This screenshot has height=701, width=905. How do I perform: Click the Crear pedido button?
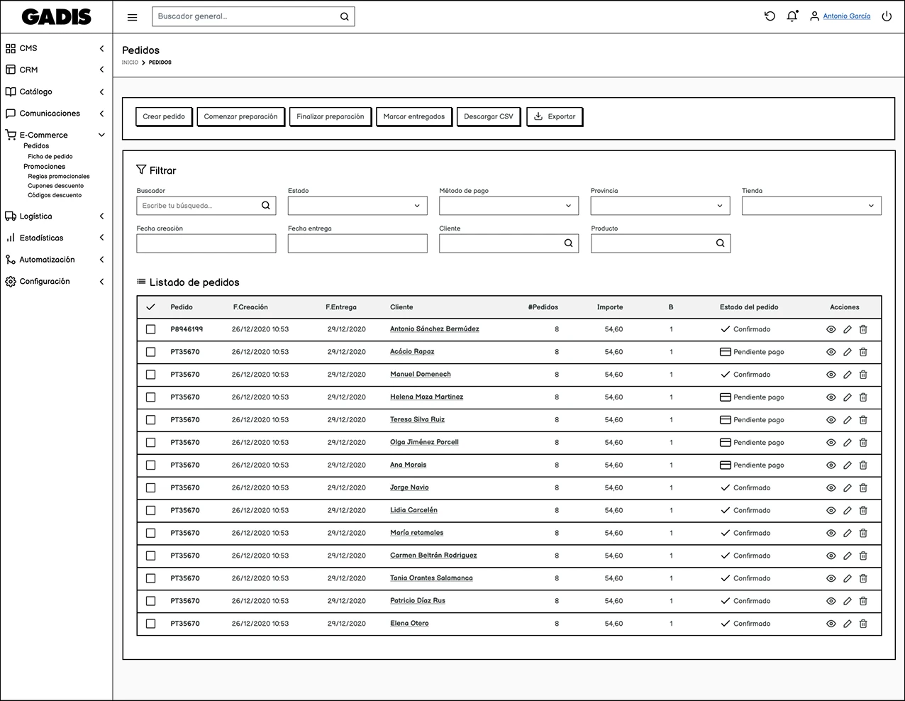(164, 117)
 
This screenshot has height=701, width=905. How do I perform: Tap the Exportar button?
(555, 117)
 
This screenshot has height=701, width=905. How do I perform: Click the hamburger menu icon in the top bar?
(132, 17)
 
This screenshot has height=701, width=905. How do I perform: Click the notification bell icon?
(792, 16)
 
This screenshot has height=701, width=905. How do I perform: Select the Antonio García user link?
(846, 16)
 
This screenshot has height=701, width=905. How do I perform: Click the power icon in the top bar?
(887, 16)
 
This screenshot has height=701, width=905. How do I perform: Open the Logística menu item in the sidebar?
(36, 216)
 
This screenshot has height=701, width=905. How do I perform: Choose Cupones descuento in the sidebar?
(55, 186)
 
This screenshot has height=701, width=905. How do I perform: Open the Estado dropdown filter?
(357, 206)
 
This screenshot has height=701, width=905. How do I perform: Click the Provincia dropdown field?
(660, 206)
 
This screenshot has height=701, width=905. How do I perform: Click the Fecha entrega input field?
(357, 244)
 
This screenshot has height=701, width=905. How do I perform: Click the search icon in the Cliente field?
(568, 243)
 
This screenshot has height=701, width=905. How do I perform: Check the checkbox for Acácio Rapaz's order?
(150, 352)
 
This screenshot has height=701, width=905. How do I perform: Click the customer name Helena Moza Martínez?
(426, 397)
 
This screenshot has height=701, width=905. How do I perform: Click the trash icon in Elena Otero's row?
(863, 624)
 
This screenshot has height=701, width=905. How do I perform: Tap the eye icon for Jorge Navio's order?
(831, 488)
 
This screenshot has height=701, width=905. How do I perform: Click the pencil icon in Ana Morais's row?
(847, 465)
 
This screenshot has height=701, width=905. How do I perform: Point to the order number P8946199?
(187, 329)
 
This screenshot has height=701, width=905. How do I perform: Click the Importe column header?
(610, 307)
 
